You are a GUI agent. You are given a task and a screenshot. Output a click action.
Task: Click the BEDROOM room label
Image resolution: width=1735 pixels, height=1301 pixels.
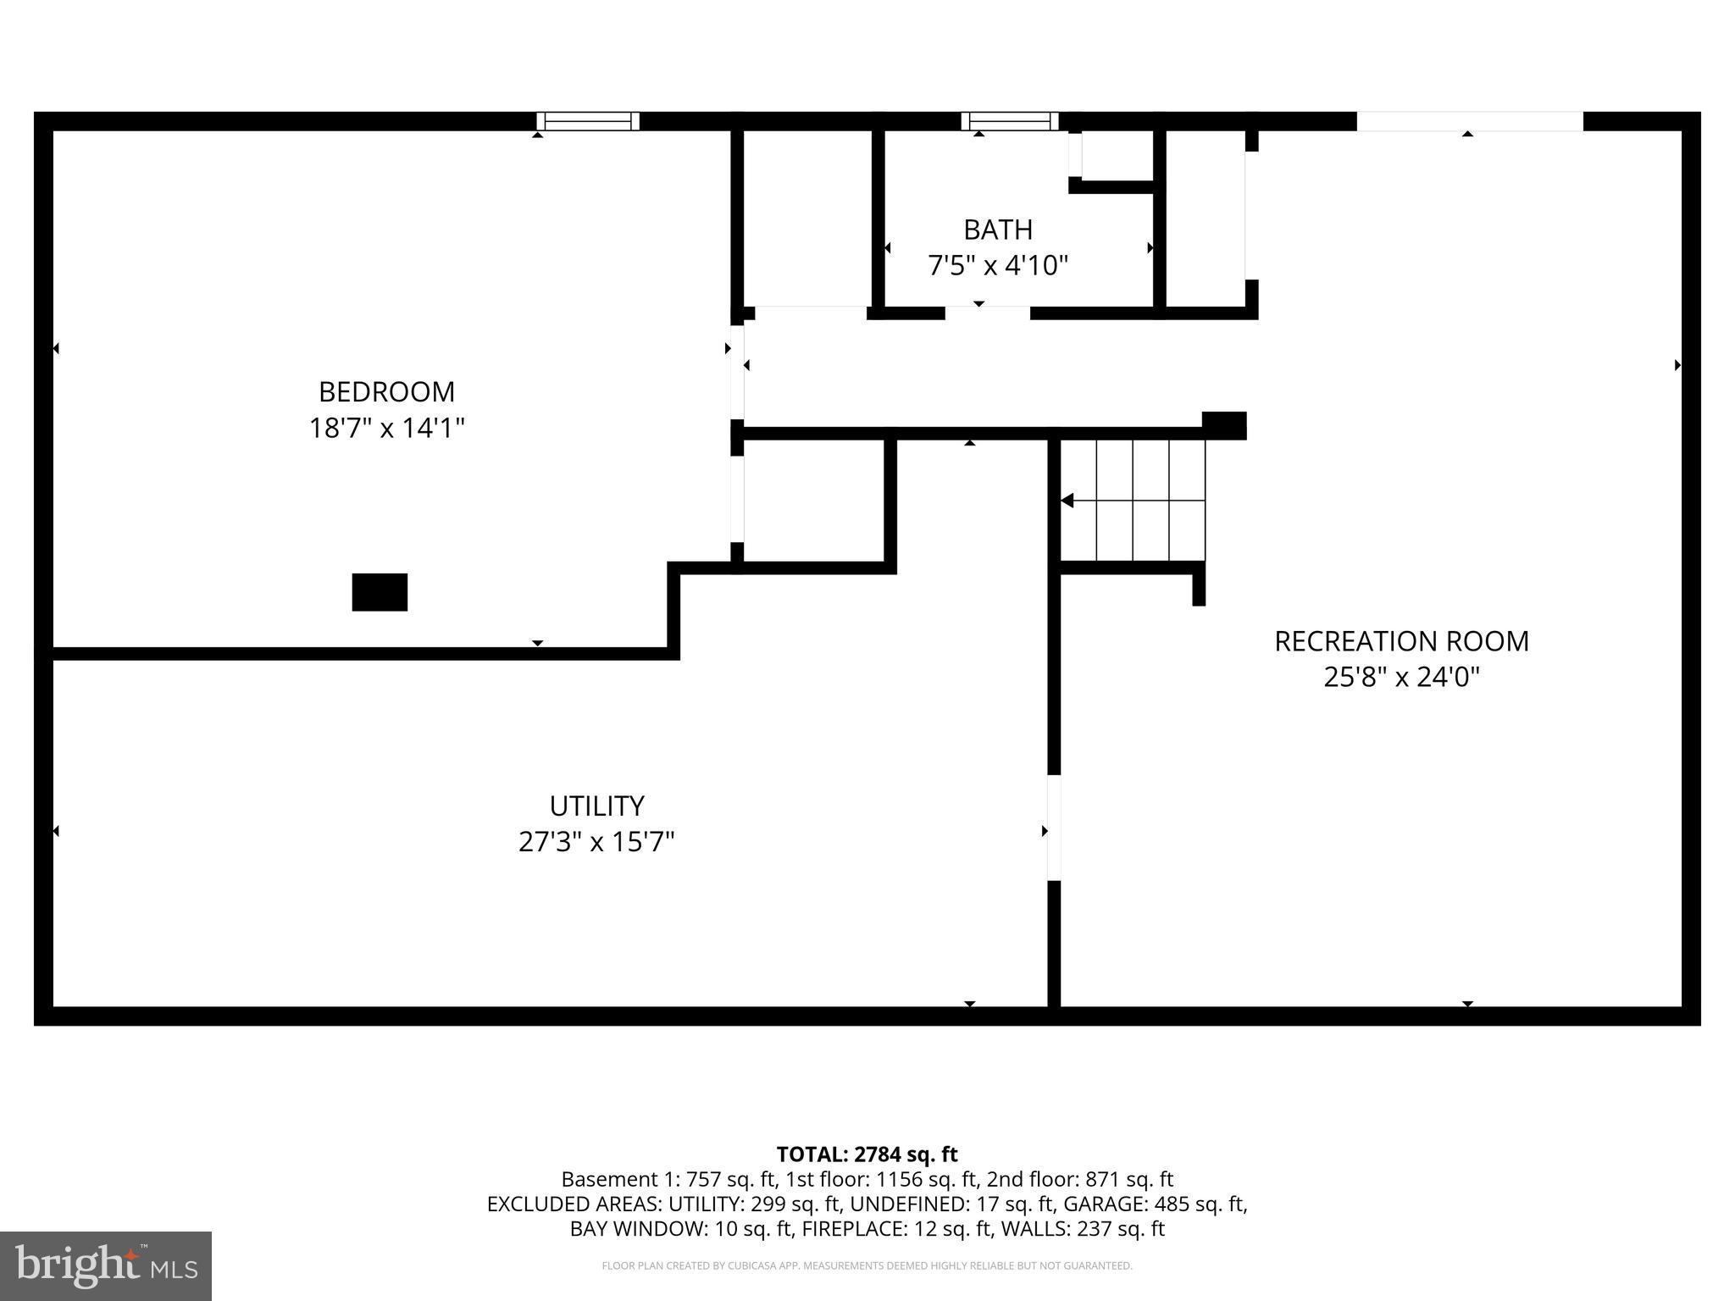(386, 391)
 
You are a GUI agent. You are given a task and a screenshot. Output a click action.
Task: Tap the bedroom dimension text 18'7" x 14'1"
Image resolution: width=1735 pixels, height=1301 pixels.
(386, 428)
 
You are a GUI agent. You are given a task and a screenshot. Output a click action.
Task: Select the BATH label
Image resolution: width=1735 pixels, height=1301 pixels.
(997, 230)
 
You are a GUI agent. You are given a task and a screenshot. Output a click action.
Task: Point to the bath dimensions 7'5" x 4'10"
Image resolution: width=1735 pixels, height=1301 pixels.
(997, 266)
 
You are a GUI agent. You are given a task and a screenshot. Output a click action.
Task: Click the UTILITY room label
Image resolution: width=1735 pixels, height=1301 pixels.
(596, 805)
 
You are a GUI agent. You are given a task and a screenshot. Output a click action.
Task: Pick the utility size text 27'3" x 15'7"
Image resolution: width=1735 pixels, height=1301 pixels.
(596, 842)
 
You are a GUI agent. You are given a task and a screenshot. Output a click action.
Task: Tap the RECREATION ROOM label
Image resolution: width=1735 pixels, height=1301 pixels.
(1401, 641)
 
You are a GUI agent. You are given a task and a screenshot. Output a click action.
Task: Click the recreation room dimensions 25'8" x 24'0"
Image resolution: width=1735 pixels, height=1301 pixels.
(1401, 678)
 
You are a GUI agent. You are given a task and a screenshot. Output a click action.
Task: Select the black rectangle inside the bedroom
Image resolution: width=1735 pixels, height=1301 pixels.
(380, 592)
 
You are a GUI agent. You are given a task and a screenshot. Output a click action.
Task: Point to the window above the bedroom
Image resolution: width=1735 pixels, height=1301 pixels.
(588, 121)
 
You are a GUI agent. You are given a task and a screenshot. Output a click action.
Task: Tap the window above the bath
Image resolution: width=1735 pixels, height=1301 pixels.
(1009, 121)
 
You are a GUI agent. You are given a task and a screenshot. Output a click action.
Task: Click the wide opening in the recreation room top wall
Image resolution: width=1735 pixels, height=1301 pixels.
(1469, 121)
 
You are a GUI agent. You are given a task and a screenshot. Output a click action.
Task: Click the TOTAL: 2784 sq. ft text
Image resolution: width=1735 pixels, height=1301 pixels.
(867, 1154)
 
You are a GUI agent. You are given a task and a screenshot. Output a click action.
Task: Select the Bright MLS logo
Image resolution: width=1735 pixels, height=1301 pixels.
(106, 1265)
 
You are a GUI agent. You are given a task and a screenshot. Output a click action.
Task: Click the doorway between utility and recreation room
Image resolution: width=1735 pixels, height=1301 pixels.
(1054, 828)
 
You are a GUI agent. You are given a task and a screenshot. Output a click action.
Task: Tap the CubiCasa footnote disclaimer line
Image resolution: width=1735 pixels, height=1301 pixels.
(867, 1266)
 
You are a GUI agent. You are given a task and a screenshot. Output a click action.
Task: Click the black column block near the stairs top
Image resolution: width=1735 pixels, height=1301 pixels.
(1224, 425)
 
